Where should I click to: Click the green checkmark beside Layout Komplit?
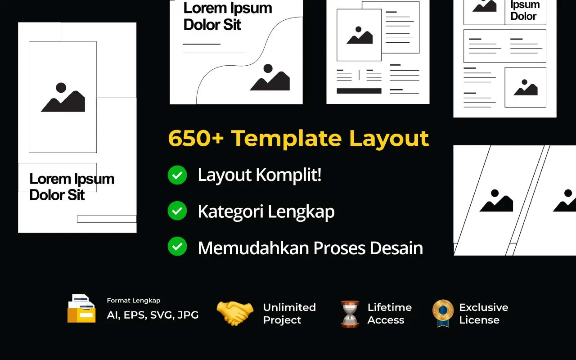click(177, 175)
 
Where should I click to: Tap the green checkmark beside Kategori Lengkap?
click(177, 211)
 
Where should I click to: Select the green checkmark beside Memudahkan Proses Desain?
click(177, 247)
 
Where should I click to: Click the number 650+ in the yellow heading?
click(196, 138)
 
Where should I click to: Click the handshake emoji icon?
click(235, 313)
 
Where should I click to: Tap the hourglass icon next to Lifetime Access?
click(350, 314)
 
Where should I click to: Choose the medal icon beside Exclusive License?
click(443, 313)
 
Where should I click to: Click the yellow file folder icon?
click(81, 309)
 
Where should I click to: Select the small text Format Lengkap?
click(134, 301)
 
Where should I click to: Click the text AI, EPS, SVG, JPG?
click(153, 315)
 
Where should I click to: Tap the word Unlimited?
click(289, 307)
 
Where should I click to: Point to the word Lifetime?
click(389, 307)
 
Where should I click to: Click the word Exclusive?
click(483, 307)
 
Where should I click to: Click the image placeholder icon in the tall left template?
click(63, 98)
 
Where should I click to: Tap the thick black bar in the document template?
click(359, 91)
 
